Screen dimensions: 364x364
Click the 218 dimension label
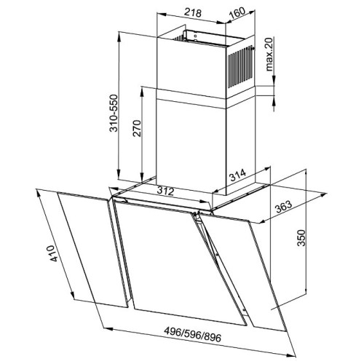click(x=193, y=12)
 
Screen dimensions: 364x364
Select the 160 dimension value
click(x=237, y=14)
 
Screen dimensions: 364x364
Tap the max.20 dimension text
click(x=269, y=55)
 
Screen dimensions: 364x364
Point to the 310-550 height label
click(x=114, y=113)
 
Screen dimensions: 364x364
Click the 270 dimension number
click(x=137, y=128)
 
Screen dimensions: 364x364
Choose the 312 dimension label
click(x=165, y=191)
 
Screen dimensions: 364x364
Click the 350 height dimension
click(x=301, y=238)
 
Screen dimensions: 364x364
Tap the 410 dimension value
click(x=53, y=253)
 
